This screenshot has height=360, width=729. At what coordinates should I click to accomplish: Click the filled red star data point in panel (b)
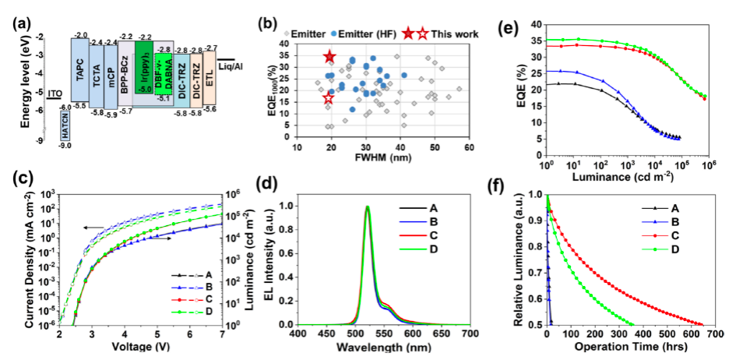329,57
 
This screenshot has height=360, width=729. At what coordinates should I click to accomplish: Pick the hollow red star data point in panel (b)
328,98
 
